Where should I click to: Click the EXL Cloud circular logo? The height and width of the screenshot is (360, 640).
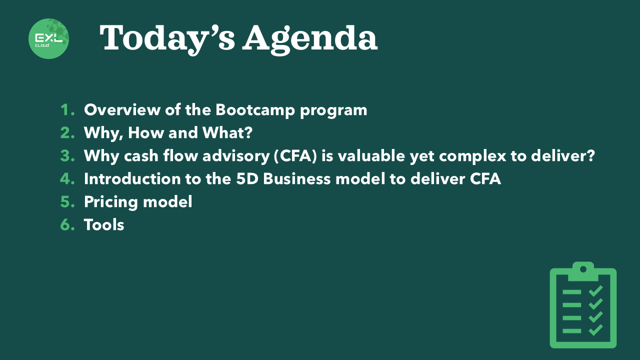tap(49, 38)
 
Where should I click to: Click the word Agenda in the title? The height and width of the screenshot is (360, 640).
tap(310, 39)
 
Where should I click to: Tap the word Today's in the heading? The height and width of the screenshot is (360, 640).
tap(167, 39)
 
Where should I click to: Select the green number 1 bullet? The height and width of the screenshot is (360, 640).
tap(67, 110)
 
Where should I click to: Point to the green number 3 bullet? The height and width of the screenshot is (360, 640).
tap(67, 156)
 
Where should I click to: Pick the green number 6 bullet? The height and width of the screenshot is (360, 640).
tap(67, 225)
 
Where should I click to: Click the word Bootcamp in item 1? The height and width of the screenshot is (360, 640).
tap(255, 110)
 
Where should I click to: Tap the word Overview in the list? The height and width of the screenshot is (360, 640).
tap(122, 109)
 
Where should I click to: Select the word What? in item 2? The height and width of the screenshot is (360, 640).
tap(227, 133)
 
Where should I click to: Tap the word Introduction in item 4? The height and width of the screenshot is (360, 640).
tap(132, 179)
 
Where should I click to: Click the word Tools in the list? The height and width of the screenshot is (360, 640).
tap(104, 225)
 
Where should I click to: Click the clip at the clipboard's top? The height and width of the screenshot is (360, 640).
tap(583, 271)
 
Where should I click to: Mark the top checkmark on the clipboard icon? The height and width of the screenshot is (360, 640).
tap(595, 291)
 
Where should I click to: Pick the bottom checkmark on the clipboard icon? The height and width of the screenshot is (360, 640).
tap(595, 330)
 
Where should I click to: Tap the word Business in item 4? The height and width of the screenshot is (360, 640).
tap(297, 179)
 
